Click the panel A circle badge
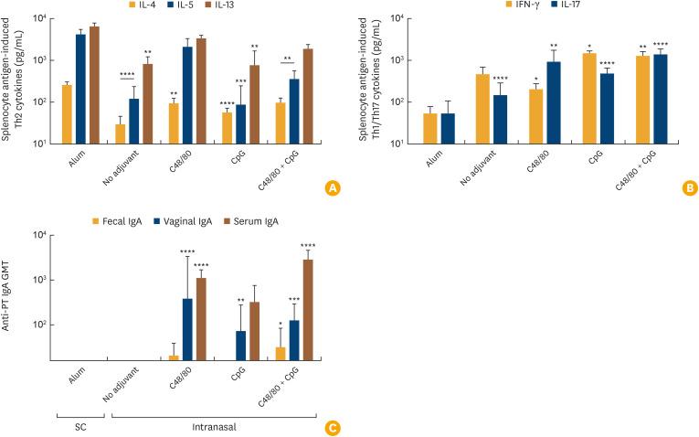[333, 188]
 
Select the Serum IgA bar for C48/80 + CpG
[308, 310]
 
